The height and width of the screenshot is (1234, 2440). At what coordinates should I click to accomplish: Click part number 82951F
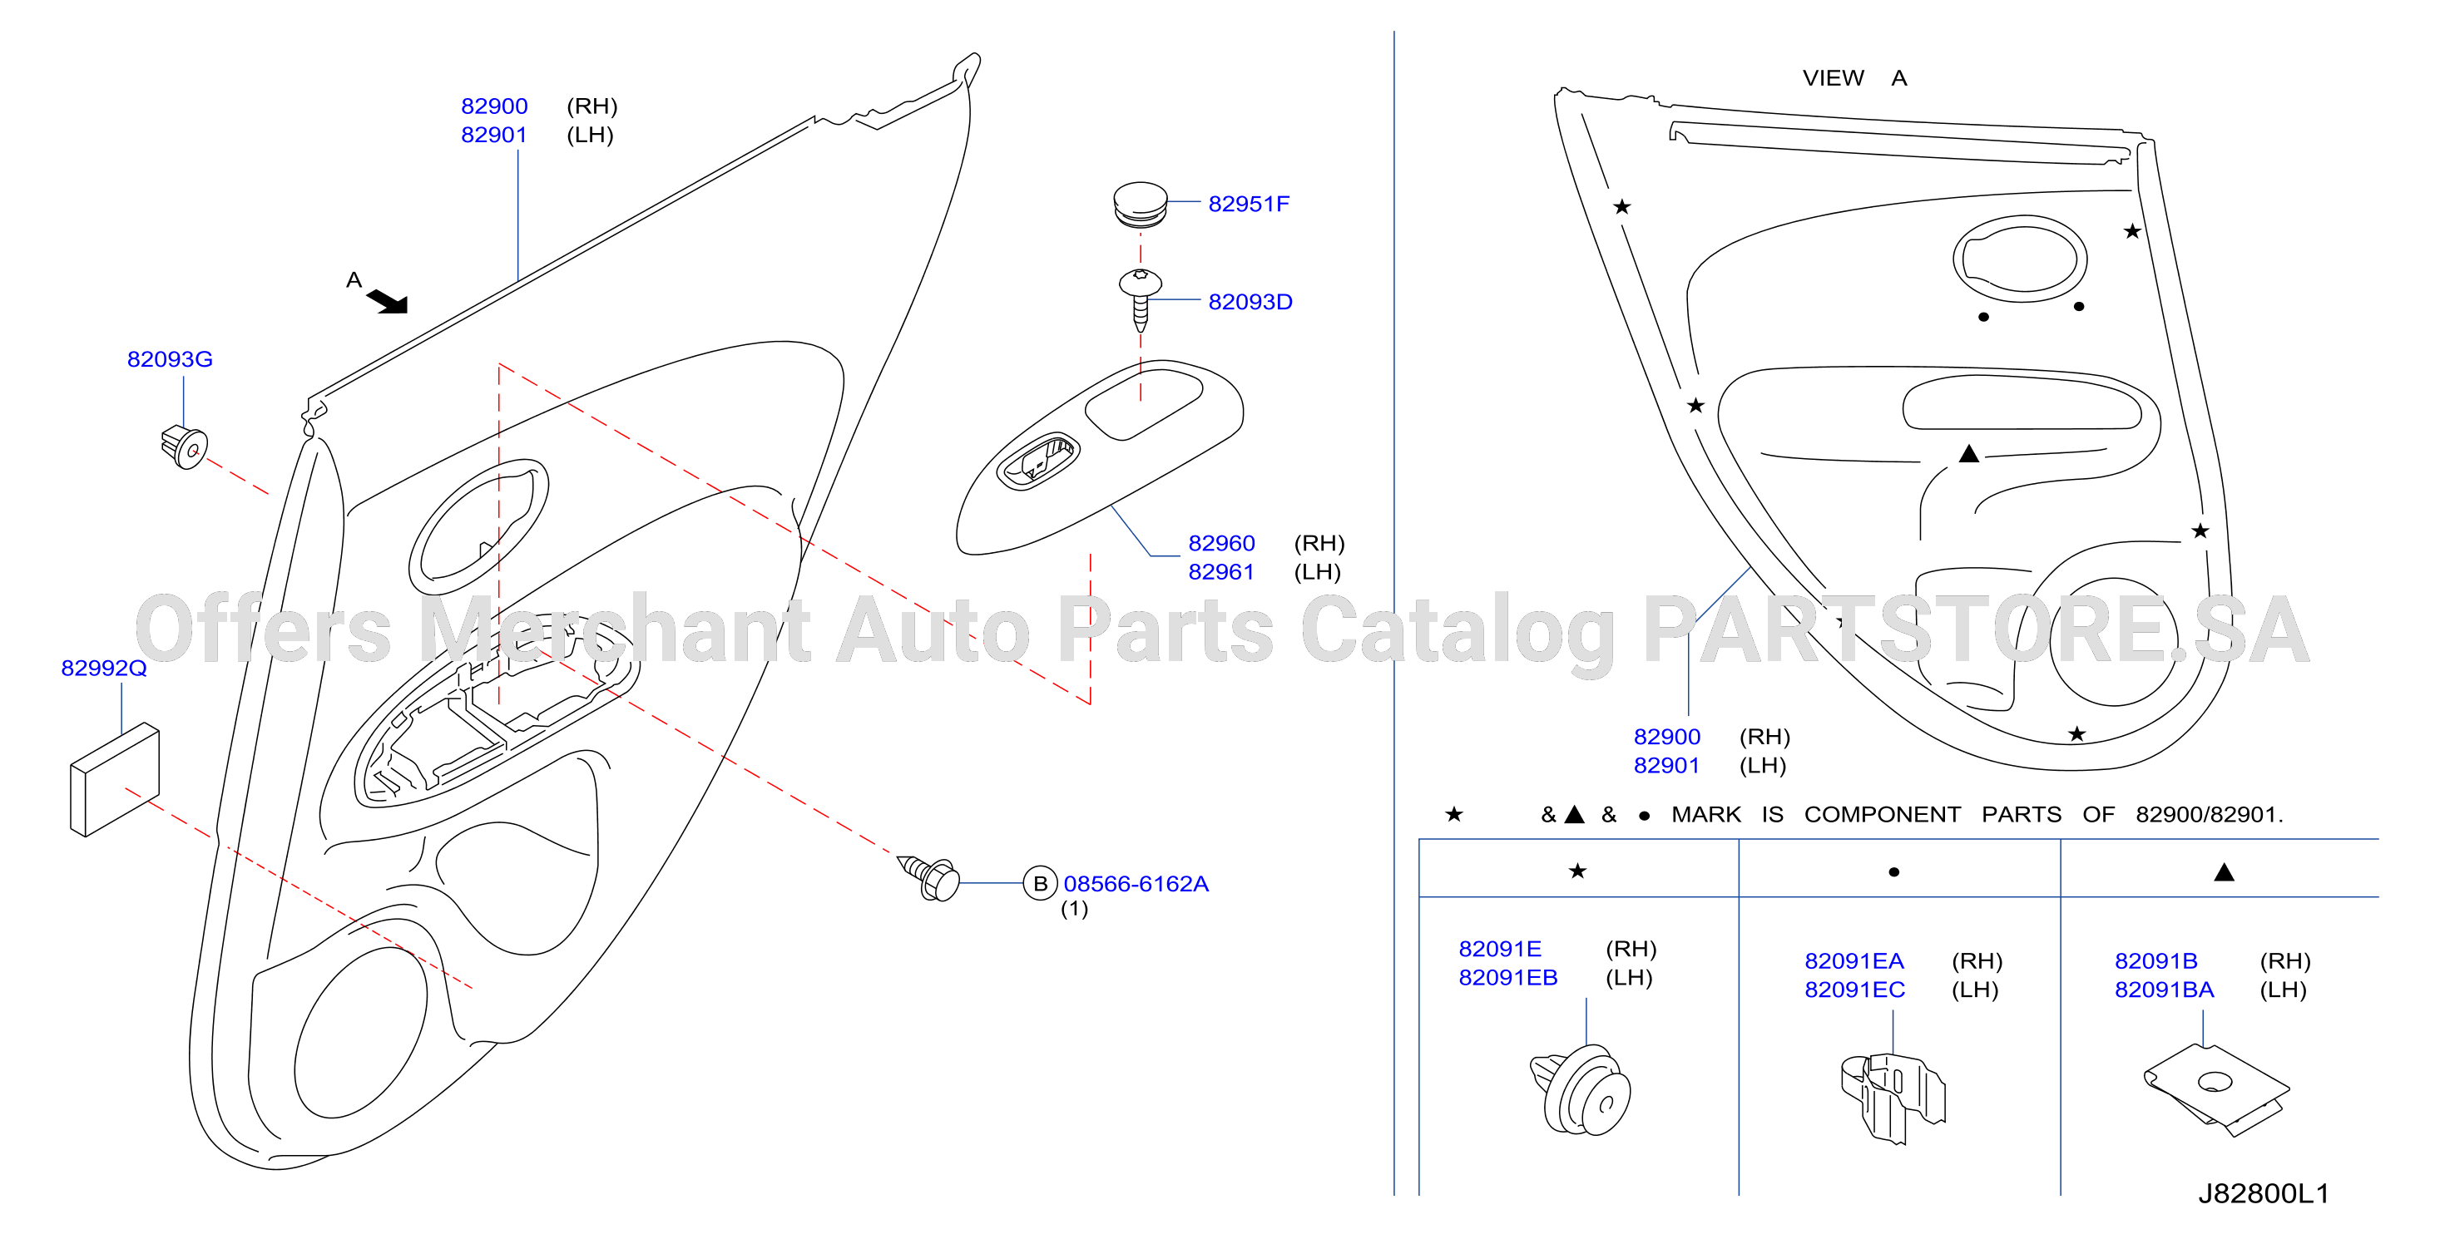click(x=1249, y=204)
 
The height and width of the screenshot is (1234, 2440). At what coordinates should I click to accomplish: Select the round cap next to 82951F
click(x=1140, y=205)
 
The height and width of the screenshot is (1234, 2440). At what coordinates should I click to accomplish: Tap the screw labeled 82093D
click(x=1141, y=300)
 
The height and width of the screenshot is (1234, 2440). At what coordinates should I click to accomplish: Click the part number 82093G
click(x=170, y=359)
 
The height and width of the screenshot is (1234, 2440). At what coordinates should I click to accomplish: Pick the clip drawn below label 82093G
click(x=185, y=447)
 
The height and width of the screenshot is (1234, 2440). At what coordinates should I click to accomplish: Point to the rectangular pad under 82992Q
click(x=115, y=780)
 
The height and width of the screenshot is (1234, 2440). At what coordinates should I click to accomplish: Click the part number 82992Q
click(x=104, y=668)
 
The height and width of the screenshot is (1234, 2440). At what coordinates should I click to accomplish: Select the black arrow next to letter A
click(x=388, y=301)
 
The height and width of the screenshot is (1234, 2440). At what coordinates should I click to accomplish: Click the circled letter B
click(x=1039, y=884)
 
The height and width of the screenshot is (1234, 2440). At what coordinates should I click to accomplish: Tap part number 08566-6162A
click(x=1136, y=884)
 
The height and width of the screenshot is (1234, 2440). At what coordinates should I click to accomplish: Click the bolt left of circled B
click(x=928, y=878)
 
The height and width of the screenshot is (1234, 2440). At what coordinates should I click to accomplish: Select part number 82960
click(x=1221, y=543)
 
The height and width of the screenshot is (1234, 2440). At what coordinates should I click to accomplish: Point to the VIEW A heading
click(x=1854, y=77)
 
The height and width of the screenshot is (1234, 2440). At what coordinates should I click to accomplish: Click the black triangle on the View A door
click(x=1968, y=455)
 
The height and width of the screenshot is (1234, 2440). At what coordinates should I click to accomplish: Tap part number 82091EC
click(x=1854, y=990)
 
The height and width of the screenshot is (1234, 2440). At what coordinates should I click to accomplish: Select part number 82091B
click(x=2155, y=961)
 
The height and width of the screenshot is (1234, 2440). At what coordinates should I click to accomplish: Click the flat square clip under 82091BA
click(x=2216, y=1089)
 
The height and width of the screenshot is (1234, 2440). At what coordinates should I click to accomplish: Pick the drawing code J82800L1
click(x=2263, y=1193)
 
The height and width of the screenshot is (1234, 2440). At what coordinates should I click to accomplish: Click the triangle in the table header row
click(x=2224, y=872)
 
